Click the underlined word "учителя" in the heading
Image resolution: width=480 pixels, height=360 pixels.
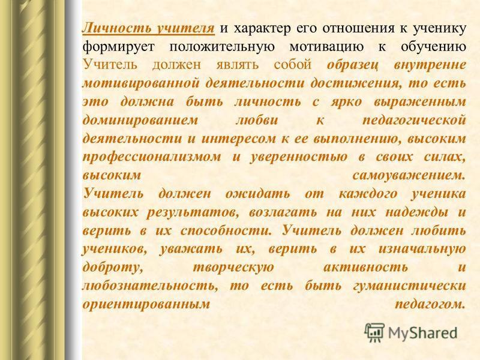coord(185,28)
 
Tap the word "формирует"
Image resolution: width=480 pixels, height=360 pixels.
coord(119,47)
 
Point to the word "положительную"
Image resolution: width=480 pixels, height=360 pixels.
coord(222,47)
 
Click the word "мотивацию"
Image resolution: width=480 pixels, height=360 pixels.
coord(326,47)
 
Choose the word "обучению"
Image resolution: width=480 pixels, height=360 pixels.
coord(433,47)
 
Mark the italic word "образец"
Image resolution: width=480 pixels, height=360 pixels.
coord(353,65)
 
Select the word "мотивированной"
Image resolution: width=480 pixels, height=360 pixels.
coord(141,83)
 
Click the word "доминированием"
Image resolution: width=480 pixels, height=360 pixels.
coord(140,120)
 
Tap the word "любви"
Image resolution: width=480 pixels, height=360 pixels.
coord(257,119)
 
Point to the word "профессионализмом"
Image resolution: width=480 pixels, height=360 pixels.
coord(152,157)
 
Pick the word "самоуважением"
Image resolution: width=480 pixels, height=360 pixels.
coord(409,175)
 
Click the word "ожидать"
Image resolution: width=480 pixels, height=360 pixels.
coord(258,194)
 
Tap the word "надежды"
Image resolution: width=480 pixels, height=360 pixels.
coord(416,212)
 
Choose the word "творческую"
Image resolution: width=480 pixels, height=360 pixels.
coord(233,267)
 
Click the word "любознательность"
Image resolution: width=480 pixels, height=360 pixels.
coord(151,286)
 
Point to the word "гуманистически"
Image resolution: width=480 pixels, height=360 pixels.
coord(410,286)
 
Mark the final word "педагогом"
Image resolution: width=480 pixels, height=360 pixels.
coord(430,304)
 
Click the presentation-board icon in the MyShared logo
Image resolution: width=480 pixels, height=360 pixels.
coord(374,332)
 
